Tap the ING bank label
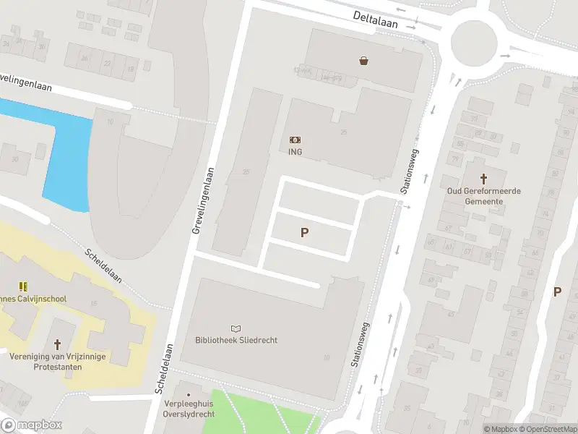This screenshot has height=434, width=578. tap(295, 152)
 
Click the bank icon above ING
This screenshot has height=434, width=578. tap(295, 140)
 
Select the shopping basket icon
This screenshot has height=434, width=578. tap(363, 61)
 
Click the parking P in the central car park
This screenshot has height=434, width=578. tap(305, 233)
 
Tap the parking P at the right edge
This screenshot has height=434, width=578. tap(557, 292)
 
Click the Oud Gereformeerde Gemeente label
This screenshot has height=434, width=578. tap(484, 196)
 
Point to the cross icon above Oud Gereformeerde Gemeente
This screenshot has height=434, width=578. tap(484, 178)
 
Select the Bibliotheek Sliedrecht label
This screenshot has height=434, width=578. tap(236, 340)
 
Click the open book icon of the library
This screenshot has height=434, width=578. tap(236, 328)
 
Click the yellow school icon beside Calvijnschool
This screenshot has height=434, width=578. tap(23, 286)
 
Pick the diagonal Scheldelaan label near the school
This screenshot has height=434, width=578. tap(104, 265)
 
